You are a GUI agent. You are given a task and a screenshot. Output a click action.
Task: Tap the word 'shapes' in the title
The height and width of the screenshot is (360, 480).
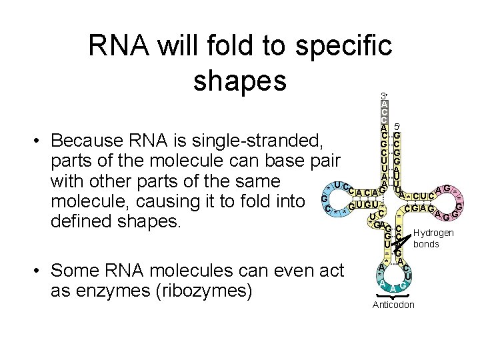[x=239, y=80]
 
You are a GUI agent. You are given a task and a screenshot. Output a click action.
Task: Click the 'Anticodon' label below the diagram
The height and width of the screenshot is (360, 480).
[x=393, y=305]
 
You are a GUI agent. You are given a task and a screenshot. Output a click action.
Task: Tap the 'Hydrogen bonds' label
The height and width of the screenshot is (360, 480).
[x=433, y=238]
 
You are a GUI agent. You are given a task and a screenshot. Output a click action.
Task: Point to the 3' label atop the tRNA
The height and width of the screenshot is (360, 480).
[x=384, y=96]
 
